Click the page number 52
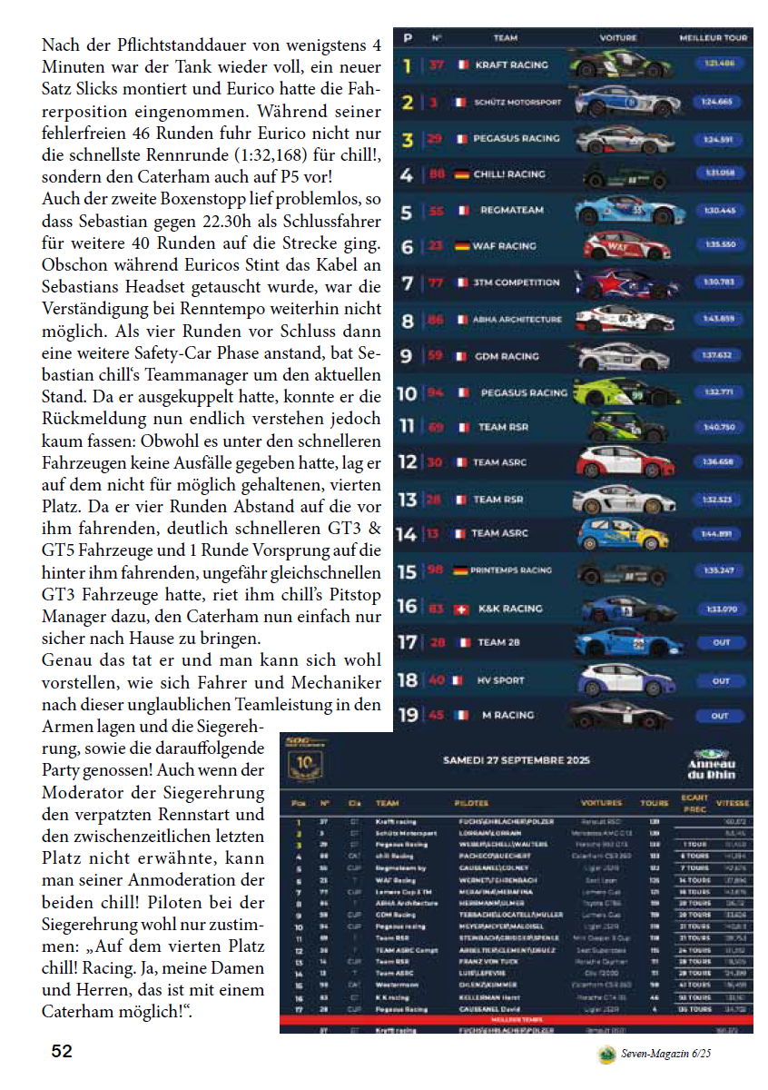pos(62,1052)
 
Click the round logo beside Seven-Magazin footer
pos(606,1054)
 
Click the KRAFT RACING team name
pos(511,65)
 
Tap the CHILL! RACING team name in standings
pos(509,173)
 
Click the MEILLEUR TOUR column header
pos(714,38)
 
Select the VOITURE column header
pos(618,38)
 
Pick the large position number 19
pos(408,716)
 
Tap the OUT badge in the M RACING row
pos(720,716)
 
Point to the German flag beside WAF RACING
pos(461,246)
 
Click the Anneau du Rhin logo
pos(713,764)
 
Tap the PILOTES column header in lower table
pos(471,803)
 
